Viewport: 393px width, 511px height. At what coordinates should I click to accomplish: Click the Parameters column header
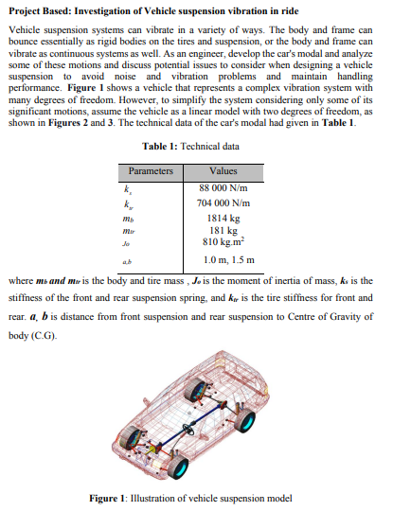pyautogui.click(x=151, y=172)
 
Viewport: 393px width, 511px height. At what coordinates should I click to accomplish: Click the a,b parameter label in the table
pyautogui.click(x=128, y=258)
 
